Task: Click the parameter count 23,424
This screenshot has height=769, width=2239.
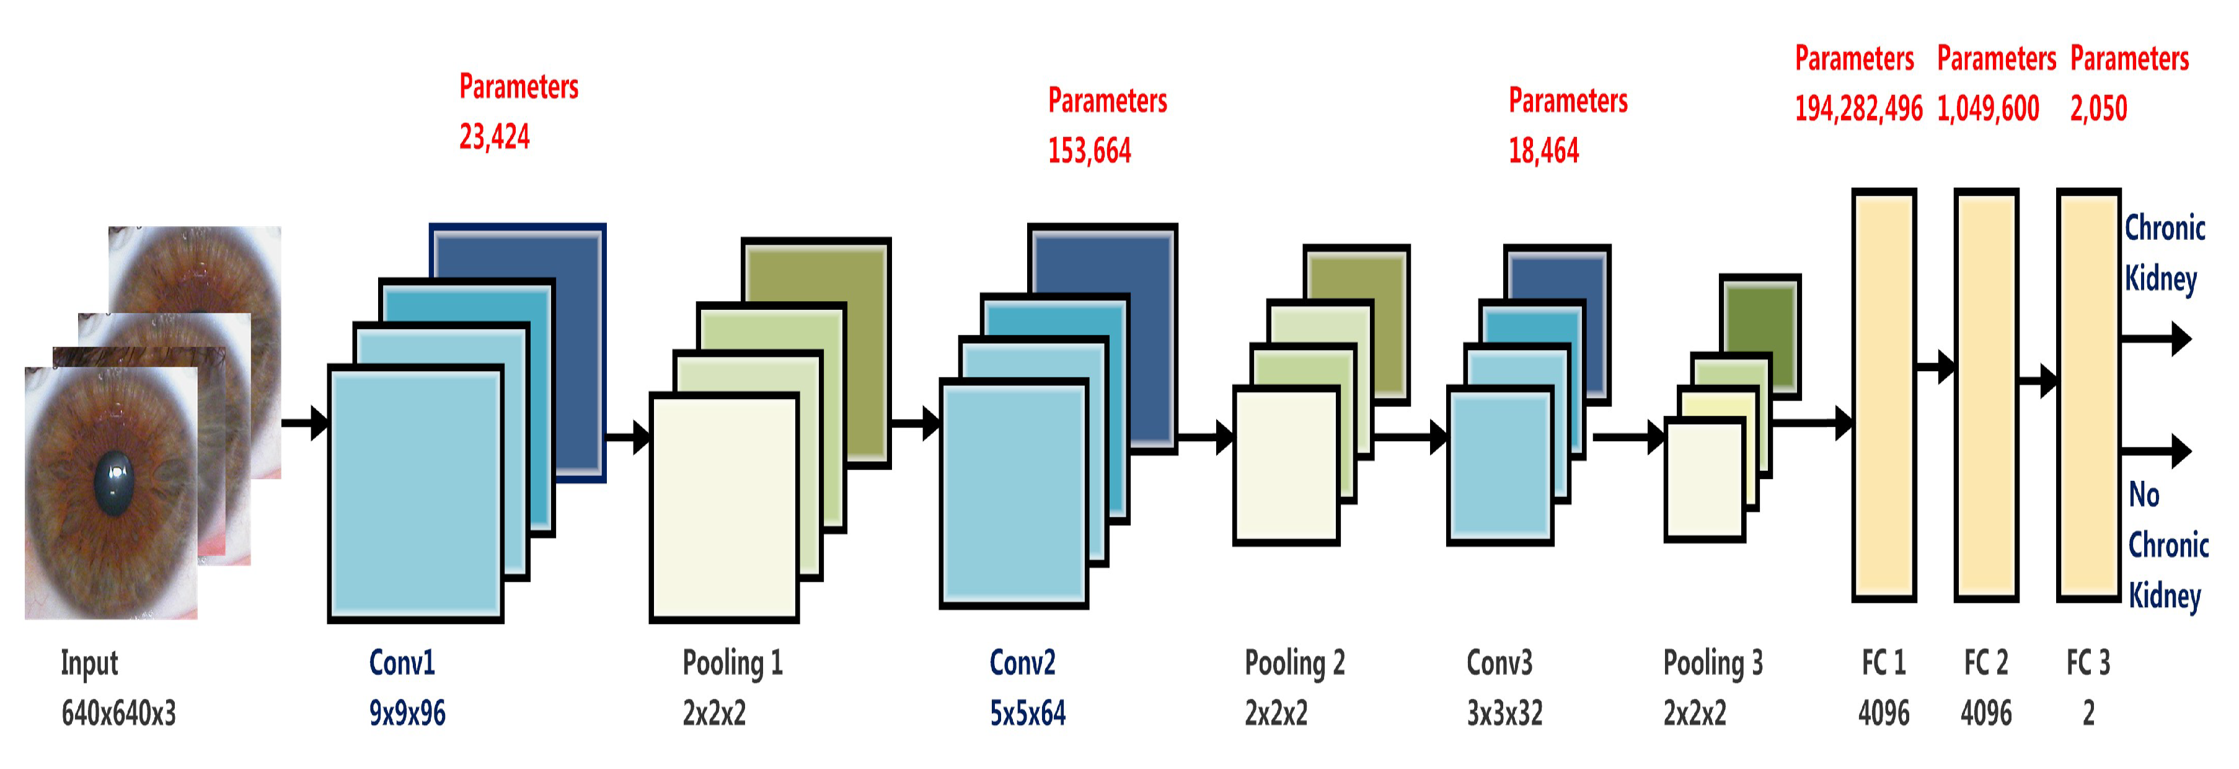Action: tap(493, 136)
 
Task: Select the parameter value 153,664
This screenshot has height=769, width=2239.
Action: tap(1089, 151)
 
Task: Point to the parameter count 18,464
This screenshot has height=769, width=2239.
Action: tap(1543, 151)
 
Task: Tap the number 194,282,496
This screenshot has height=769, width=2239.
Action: tap(1858, 108)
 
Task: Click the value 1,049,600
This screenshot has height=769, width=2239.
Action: tap(1988, 108)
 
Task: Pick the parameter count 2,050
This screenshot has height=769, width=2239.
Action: tap(2098, 108)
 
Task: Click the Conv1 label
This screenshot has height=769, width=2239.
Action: tap(402, 663)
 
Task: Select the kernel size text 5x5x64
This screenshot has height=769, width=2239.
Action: tap(1027, 713)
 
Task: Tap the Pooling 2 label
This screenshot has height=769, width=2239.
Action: tap(1294, 663)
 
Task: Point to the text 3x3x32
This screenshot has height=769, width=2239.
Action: tap(1504, 713)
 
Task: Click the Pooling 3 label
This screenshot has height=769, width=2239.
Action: tap(1712, 663)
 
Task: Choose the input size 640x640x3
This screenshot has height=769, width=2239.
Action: tap(118, 713)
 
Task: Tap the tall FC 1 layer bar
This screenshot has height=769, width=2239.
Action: tap(1884, 395)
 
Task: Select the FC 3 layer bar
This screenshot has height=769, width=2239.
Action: tap(2088, 395)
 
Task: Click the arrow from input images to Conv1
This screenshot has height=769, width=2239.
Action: tap(305, 423)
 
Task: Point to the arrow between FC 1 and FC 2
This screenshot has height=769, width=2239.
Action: tap(1936, 367)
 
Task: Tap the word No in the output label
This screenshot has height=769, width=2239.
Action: tap(2144, 494)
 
